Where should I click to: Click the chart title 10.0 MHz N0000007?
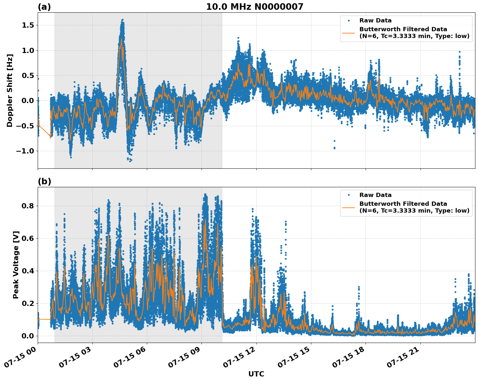254,7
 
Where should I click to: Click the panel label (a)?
44,7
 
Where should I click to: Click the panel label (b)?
44,181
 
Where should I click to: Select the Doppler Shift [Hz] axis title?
10,90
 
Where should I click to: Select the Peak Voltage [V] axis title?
16,265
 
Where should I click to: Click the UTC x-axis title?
256,374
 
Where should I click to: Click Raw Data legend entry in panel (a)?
375,20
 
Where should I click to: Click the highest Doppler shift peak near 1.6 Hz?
122,20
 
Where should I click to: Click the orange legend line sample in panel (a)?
349,33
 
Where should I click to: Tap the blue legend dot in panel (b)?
349,195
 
